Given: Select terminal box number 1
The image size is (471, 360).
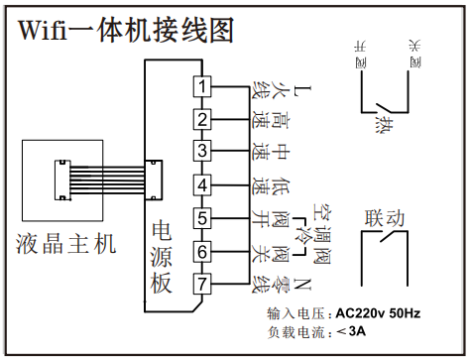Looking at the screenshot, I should [x=201, y=87].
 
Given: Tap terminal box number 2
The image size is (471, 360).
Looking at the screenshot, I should [x=201, y=121].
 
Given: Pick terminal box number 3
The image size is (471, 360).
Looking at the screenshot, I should [x=201, y=152].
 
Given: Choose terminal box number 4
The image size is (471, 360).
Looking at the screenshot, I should [x=201, y=185].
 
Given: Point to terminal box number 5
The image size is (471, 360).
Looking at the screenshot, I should [x=201, y=218].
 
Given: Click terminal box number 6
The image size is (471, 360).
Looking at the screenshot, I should [x=201, y=252].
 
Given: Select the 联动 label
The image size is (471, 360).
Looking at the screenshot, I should [x=386, y=218].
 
